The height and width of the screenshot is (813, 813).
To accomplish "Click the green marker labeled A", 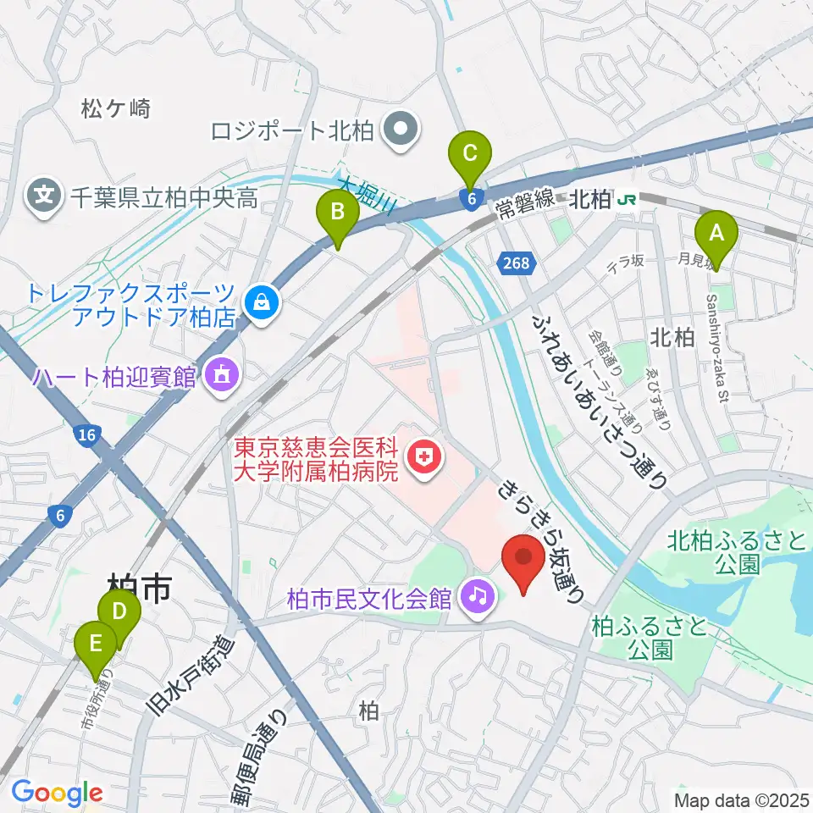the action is (x=716, y=230).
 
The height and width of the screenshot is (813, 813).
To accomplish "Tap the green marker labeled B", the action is (x=337, y=212).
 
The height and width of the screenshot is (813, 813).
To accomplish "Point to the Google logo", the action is (x=57, y=793).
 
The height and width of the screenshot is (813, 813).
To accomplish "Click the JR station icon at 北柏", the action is (x=628, y=200).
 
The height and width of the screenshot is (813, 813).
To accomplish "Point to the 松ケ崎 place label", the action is (x=116, y=108).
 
